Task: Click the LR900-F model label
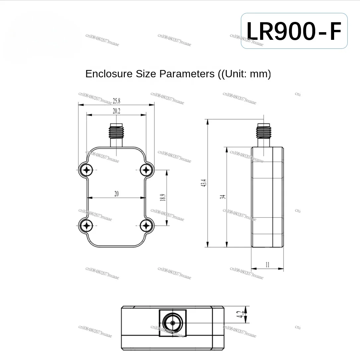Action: pos(294,31)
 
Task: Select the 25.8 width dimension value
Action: pos(116,101)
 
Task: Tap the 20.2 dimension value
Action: pos(116,111)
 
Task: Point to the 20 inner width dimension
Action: pos(116,194)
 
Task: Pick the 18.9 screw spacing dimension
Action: pos(163,197)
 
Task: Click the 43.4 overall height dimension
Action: pos(204,183)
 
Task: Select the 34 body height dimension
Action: pos(223,197)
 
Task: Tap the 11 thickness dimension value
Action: pos(267,265)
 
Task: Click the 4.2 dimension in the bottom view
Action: pos(240,314)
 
